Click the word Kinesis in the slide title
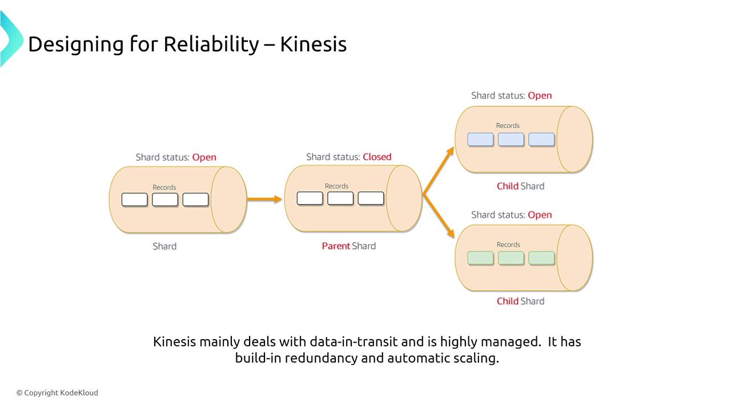point(313,44)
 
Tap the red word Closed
point(377,157)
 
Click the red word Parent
point(336,246)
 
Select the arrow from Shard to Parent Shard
point(264,199)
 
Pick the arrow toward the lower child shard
point(439,216)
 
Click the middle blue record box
point(511,139)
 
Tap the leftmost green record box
point(480,258)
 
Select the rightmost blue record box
point(541,139)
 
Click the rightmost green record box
point(541,258)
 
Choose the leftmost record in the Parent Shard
point(310,198)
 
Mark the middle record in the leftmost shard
point(165,200)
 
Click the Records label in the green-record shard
point(508,245)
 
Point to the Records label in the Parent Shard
point(336,186)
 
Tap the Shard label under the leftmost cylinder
point(164,247)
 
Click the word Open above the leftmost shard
point(204,158)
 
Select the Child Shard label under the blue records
point(520,186)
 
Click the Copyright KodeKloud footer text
point(57,393)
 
